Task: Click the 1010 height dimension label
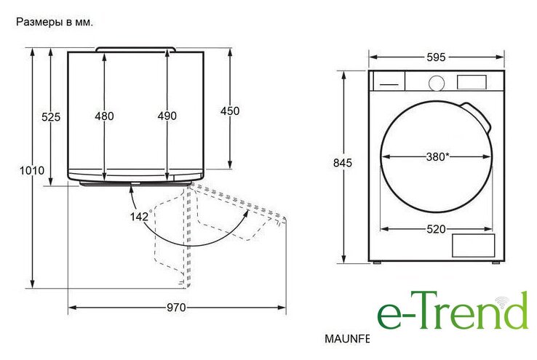click(32, 170)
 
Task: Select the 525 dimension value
click(51, 117)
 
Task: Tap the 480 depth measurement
click(105, 116)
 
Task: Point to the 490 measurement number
click(167, 116)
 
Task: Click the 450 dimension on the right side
click(230, 111)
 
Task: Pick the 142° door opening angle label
click(140, 216)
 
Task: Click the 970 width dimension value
click(176, 308)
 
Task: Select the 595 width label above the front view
click(436, 57)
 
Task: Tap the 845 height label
click(343, 163)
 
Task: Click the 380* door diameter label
click(438, 157)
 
